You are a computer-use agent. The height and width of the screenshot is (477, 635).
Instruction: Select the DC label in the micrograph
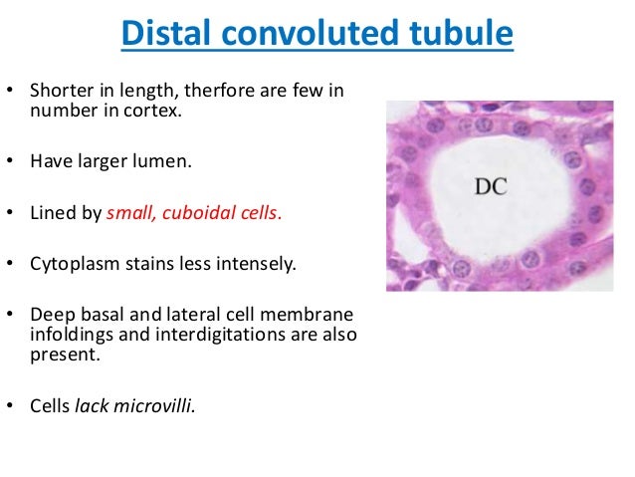tap(488, 185)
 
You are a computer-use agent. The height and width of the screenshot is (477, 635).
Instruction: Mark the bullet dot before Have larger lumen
tap(12, 159)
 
